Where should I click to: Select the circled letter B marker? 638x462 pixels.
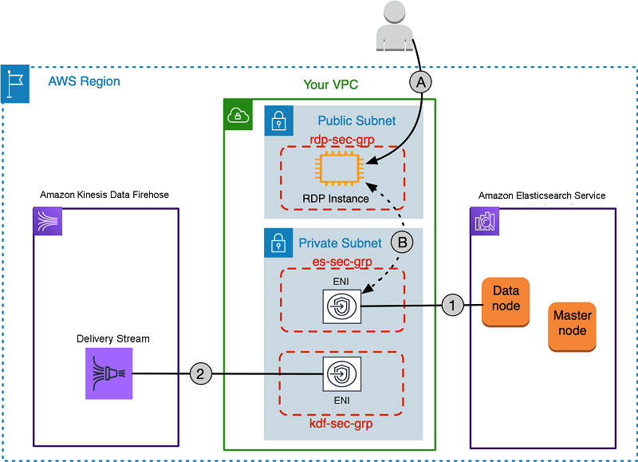pos(403,241)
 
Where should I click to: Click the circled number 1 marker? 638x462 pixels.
pos(452,305)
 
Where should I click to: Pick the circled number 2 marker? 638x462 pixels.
pos(202,372)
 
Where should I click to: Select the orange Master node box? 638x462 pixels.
pos(572,324)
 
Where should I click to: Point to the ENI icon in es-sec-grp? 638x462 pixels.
pos(342,305)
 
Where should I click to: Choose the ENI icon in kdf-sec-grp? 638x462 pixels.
pos(342,373)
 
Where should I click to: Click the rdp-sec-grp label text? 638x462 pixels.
pos(341,139)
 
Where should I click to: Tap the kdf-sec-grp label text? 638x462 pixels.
pos(341,424)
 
